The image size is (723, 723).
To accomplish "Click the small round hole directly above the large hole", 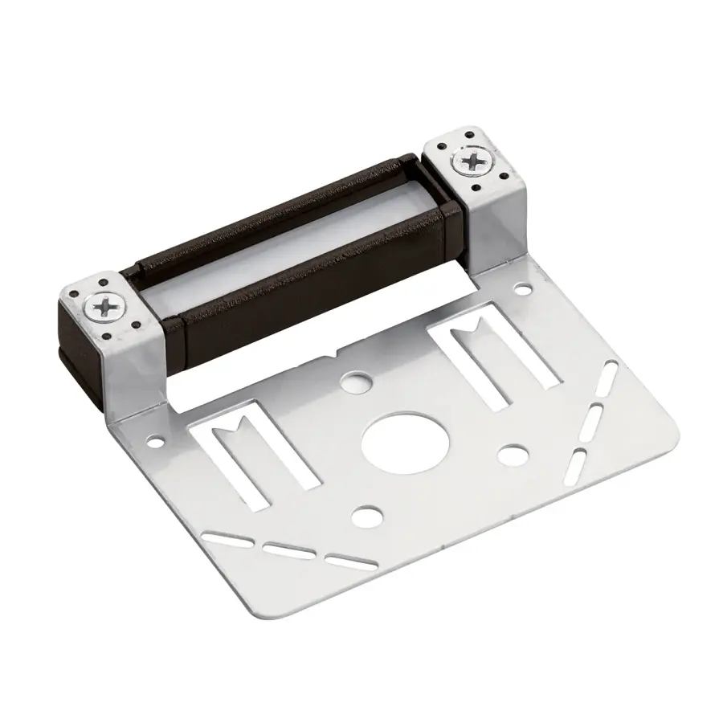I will (x=352, y=378).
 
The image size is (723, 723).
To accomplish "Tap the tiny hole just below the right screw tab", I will (x=523, y=288).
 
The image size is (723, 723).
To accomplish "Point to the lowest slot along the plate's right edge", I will (x=578, y=464).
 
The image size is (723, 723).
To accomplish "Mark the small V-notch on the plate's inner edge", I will (x=332, y=354).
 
